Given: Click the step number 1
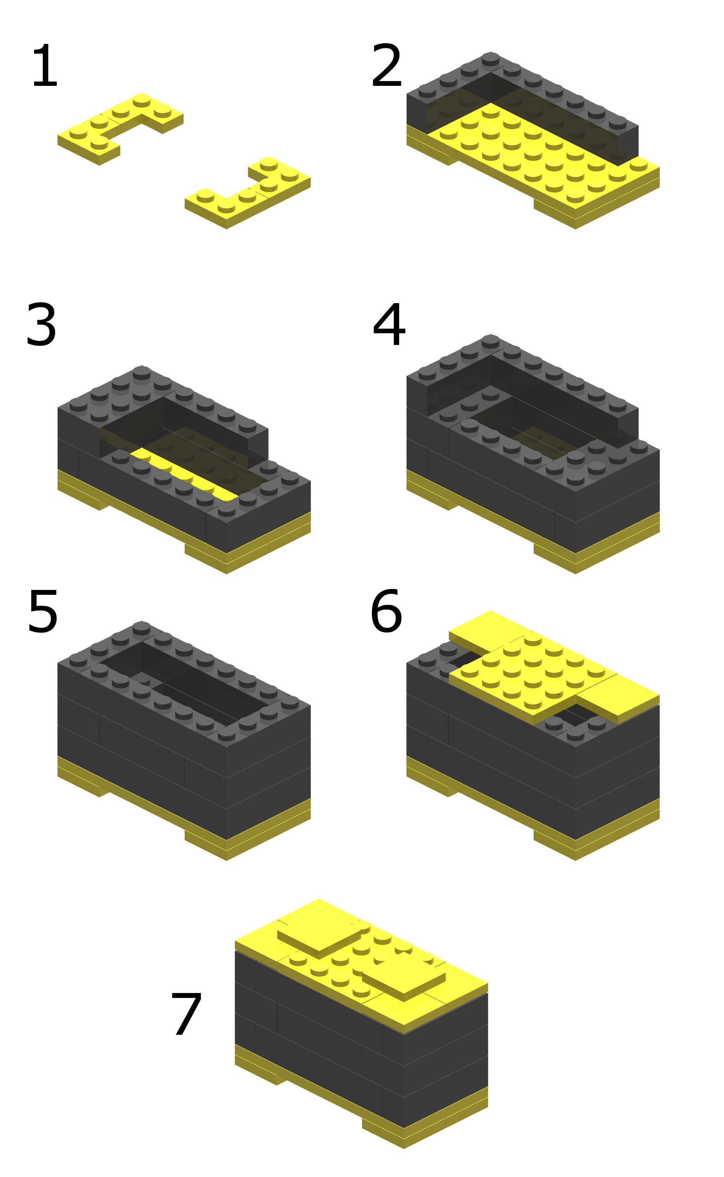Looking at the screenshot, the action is click(44, 66).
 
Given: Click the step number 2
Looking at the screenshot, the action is click(386, 66).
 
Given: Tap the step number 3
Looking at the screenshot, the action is click(41, 325).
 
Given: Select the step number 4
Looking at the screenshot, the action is click(389, 325).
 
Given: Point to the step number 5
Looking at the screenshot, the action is click(43, 612).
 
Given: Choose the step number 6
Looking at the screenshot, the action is click(386, 612).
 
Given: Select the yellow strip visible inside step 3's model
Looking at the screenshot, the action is click(184, 474).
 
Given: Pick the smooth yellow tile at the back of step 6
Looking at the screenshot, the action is click(490, 631).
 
